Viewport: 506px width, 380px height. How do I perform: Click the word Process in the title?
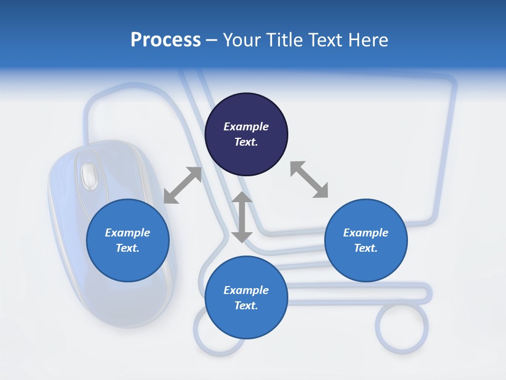(x=166, y=40)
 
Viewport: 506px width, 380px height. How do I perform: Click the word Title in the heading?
(x=283, y=40)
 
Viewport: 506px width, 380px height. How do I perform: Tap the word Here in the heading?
(x=367, y=40)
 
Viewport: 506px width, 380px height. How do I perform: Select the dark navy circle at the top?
(x=246, y=134)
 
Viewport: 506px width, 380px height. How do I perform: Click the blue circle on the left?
(x=128, y=240)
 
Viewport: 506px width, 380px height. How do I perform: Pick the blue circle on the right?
(x=366, y=240)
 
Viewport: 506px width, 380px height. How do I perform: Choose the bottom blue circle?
(x=246, y=298)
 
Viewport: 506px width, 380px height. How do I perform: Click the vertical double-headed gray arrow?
(x=242, y=217)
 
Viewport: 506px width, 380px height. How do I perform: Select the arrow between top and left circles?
(x=182, y=185)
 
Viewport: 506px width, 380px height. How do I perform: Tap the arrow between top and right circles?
(x=309, y=179)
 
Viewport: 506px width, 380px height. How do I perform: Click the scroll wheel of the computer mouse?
(x=89, y=174)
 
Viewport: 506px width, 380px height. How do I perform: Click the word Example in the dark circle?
(x=246, y=127)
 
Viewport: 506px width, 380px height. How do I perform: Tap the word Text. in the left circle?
(x=128, y=248)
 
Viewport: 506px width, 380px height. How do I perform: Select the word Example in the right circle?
(x=366, y=233)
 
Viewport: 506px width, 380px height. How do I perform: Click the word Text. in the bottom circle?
(x=246, y=306)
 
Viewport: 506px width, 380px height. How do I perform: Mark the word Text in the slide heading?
(x=323, y=40)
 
